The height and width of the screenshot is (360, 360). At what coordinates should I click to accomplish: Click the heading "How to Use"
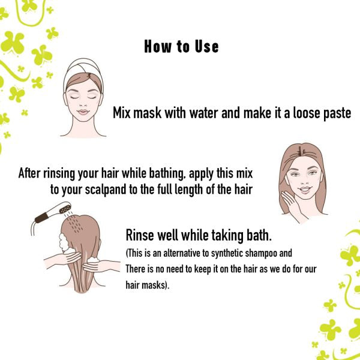click(181, 47)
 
